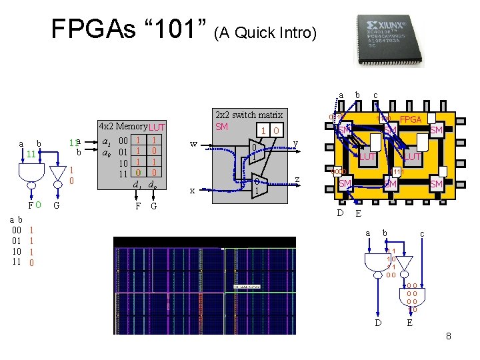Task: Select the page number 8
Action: coord(449,336)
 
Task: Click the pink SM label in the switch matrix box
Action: coord(222,127)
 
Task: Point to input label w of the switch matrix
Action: coord(193,143)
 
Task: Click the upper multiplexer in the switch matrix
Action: coord(256,151)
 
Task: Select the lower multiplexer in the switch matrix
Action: coord(256,185)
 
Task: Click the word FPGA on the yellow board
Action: coord(412,119)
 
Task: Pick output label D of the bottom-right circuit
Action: coord(377,323)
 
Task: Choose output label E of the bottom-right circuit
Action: coord(411,323)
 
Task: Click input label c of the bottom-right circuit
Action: coord(421,233)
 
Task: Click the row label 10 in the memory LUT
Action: coord(121,162)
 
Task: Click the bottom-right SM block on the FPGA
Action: coord(437,183)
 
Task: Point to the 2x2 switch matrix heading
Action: coord(249,115)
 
